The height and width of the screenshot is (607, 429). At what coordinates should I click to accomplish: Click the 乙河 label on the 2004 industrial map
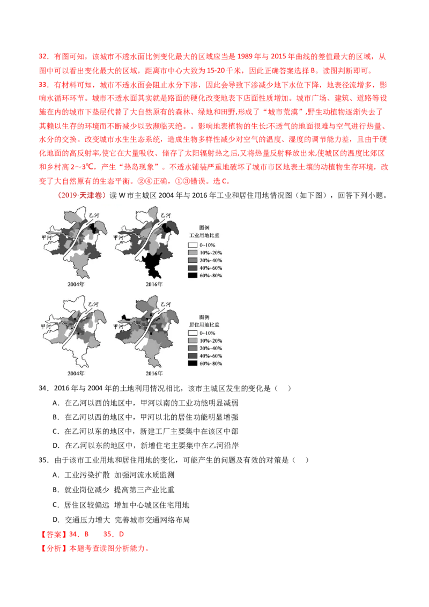pyautogui.click(x=94, y=215)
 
